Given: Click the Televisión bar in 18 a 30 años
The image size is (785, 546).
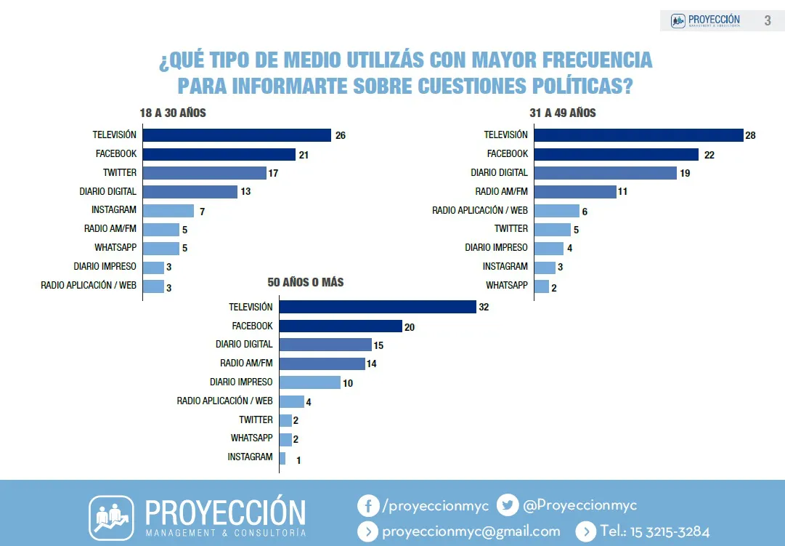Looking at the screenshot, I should [x=237, y=135].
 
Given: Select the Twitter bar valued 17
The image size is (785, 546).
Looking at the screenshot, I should [x=204, y=173].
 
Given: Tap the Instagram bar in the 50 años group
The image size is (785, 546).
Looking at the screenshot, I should [x=282, y=458].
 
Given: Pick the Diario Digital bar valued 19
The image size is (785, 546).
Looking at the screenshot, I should [x=605, y=173].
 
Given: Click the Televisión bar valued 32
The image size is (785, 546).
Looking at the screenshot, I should [x=378, y=307].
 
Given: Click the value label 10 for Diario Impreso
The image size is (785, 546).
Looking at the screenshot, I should [x=348, y=383].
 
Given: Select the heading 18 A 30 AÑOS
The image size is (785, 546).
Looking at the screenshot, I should [x=173, y=113].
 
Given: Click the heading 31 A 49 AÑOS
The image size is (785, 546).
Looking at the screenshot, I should [x=563, y=113].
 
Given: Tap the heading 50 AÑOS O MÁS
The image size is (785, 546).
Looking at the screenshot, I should [x=306, y=282].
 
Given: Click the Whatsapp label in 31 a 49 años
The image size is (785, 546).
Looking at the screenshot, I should [x=506, y=285].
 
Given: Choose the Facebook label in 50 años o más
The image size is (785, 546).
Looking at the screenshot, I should [x=252, y=326].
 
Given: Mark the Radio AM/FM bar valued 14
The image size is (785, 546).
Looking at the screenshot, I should [x=322, y=364].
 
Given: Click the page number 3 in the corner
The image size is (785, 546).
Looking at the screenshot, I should [x=768, y=20].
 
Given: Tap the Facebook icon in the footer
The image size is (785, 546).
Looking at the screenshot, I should [x=368, y=506].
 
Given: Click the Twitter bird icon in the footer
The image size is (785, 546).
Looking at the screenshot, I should [x=508, y=506].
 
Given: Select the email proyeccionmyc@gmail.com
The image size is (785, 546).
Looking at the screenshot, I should [x=471, y=531].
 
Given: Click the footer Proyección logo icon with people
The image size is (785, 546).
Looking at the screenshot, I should [x=111, y=518].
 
